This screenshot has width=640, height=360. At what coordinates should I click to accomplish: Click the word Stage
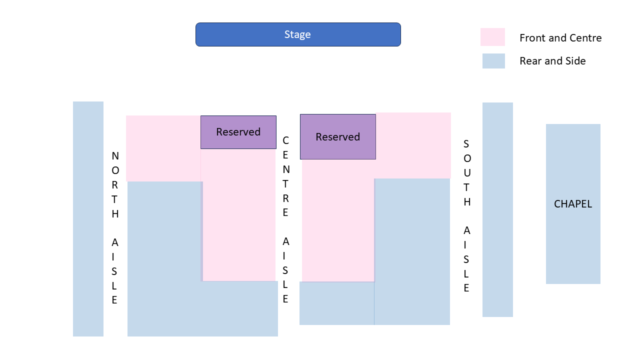pyautogui.click(x=297, y=34)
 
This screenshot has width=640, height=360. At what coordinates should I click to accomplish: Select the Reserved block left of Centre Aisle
pyautogui.click(x=238, y=132)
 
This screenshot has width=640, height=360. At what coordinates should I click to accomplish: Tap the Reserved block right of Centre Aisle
pyautogui.click(x=337, y=137)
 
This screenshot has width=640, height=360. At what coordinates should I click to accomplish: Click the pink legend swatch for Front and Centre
pyautogui.click(x=492, y=37)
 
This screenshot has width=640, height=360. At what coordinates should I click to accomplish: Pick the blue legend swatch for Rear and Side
pyautogui.click(x=493, y=61)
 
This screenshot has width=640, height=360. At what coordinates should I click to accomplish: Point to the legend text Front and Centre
pyautogui.click(x=560, y=38)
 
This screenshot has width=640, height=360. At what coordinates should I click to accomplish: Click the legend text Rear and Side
pyautogui.click(x=552, y=61)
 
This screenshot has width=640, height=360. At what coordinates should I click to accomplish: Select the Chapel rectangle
pyautogui.click(x=573, y=240)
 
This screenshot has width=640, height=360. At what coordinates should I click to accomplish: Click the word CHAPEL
pyautogui.click(x=573, y=204)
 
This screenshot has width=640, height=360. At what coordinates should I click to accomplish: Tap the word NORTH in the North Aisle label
pyautogui.click(x=115, y=185)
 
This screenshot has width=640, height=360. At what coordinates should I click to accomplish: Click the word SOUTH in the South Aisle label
pyautogui.click(x=466, y=173)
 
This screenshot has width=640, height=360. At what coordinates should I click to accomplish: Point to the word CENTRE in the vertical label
pyautogui.click(x=285, y=176)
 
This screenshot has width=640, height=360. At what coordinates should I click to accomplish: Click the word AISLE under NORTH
pyautogui.click(x=114, y=271)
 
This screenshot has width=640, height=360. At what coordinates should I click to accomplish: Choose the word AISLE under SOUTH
pyautogui.click(x=466, y=259)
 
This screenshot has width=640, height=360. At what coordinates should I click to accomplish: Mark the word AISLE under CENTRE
pyautogui.click(x=285, y=270)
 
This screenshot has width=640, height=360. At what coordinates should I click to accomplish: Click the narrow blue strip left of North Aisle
pyautogui.click(x=88, y=219)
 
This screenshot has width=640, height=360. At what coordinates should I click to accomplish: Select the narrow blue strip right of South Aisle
pyautogui.click(x=497, y=210)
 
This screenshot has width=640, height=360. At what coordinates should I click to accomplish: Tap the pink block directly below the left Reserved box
pyautogui.click(x=238, y=215)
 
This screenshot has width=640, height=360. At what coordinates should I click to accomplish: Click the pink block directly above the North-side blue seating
pyautogui.click(x=163, y=148)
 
